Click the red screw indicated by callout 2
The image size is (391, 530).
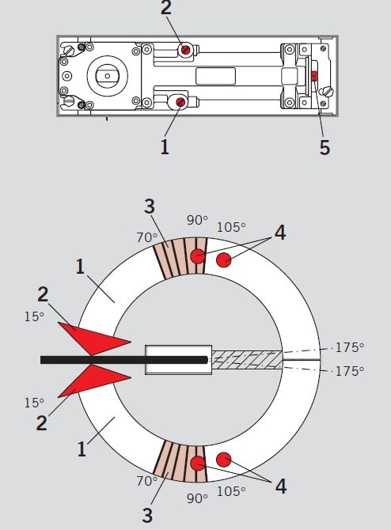pyautogui.click(x=185, y=50)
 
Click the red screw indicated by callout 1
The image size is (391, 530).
pyautogui.click(x=181, y=102)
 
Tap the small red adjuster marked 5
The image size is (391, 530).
pyautogui.click(x=314, y=76)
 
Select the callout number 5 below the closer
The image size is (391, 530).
pyautogui.click(x=325, y=147)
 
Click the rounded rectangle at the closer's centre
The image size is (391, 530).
pyautogui.click(x=216, y=76)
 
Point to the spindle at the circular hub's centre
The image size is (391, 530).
pyautogui.click(x=107, y=76)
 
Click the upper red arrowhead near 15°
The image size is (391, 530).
pyautogui.click(x=94, y=339)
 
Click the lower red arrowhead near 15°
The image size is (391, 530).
pyautogui.click(x=94, y=380)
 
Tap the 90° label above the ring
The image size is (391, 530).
pyautogui.click(x=198, y=220)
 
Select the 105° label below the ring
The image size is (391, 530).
pyautogui.click(x=231, y=491)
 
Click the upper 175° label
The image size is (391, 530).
pyautogui.click(x=349, y=347)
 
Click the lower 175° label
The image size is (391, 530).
pyautogui.click(x=349, y=371)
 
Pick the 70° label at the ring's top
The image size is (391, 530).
pyautogui.click(x=147, y=237)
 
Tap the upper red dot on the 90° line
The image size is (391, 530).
pyautogui.click(x=198, y=256)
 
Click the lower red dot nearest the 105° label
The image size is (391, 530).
pyautogui.click(x=223, y=460)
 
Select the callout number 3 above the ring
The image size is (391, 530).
pyautogui.click(x=149, y=206)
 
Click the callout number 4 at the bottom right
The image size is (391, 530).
pyautogui.click(x=281, y=486)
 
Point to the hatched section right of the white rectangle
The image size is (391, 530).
pyautogui.click(x=247, y=360)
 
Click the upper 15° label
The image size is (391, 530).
pyautogui.click(x=34, y=316)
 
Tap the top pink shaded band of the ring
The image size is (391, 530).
pyautogui.click(x=181, y=258)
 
